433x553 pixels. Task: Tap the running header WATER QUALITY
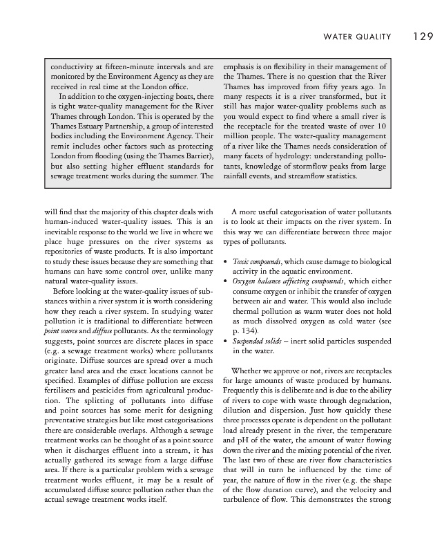tap(352, 36)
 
